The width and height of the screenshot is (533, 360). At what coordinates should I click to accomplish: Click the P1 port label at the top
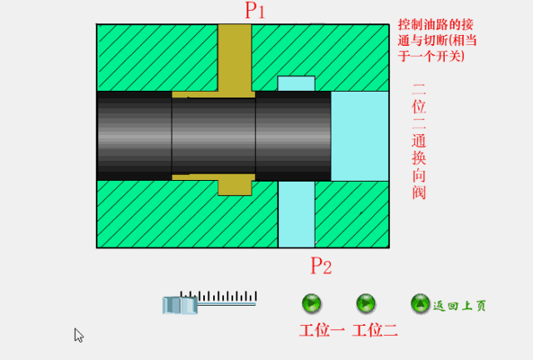click(255, 11)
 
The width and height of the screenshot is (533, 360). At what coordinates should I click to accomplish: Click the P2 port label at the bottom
click(321, 267)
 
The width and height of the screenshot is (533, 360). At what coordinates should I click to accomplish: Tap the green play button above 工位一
click(312, 303)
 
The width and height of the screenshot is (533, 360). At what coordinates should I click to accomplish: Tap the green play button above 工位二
click(366, 303)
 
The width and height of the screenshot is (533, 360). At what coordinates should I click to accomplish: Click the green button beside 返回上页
click(421, 304)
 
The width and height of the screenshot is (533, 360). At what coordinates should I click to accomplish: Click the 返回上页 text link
click(460, 306)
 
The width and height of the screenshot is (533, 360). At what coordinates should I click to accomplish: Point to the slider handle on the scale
click(179, 305)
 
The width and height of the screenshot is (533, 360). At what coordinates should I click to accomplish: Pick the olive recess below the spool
click(234, 185)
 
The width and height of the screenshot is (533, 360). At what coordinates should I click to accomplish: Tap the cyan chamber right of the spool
click(359, 135)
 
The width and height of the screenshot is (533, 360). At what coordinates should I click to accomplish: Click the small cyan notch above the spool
click(296, 83)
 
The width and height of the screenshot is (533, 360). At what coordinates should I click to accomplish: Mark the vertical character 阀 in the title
click(418, 192)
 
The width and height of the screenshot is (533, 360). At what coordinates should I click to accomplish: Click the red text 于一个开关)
click(431, 57)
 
